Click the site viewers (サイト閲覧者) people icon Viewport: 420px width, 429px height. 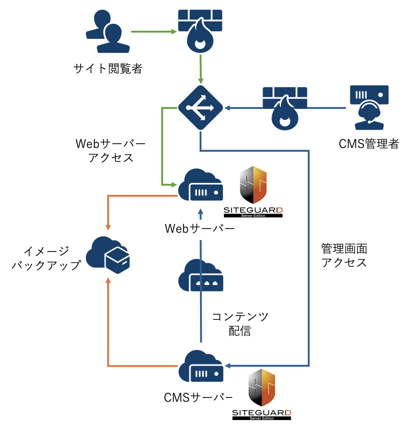[x=108, y=32]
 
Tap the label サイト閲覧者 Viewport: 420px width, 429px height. [x=108, y=69]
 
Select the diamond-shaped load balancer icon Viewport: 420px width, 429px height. [x=200, y=108]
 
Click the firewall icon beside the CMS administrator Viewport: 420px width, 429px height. [x=285, y=109]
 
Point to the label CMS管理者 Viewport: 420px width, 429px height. [x=369, y=144]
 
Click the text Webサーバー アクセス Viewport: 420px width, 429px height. [x=111, y=150]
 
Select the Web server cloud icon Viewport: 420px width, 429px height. [x=200, y=185]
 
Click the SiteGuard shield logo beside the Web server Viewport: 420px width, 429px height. [x=253, y=185]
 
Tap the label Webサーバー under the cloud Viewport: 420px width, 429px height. [x=200, y=229]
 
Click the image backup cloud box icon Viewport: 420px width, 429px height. [x=108, y=255]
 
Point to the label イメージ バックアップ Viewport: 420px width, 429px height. [x=46, y=258]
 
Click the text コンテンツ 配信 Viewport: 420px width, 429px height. [x=240, y=324]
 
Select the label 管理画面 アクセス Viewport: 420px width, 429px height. [x=344, y=255]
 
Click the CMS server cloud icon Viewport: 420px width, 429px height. [x=201, y=366]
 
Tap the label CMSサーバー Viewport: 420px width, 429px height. [x=198, y=398]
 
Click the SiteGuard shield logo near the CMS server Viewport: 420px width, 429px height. [x=262, y=388]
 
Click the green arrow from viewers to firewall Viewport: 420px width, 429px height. [x=154, y=32]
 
